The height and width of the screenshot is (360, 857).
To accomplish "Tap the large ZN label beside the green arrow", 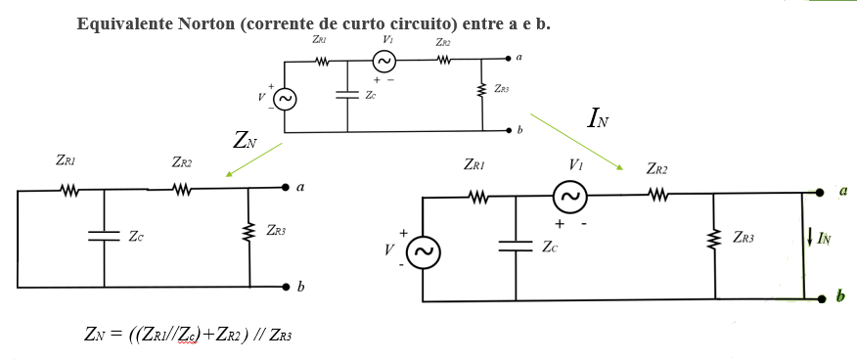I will pos(245,140).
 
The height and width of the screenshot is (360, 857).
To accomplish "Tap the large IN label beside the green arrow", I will pos(598,119).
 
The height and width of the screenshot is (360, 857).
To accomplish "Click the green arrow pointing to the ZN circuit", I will pos(253,159).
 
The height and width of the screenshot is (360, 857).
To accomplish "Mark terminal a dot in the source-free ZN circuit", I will pos(286,187).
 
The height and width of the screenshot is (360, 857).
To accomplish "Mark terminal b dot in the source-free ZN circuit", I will pos(286,287).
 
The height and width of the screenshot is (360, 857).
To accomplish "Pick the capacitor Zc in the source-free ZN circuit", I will pos(104,236).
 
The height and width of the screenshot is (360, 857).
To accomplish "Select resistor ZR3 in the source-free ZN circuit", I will pos(250,233).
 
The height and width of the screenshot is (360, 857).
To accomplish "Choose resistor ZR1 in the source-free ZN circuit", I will pos(68,190).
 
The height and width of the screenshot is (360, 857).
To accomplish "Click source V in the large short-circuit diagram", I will pos(423,253).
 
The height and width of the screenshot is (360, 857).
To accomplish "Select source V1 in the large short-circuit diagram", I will pos(568,197).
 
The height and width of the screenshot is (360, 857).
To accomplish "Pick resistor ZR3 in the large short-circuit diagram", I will pos(715,238).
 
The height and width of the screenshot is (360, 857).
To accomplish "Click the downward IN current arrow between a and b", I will pos(810,238).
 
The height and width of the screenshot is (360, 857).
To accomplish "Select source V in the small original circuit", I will pos(285,99).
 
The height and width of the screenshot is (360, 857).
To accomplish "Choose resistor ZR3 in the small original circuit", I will pos(481,90).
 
